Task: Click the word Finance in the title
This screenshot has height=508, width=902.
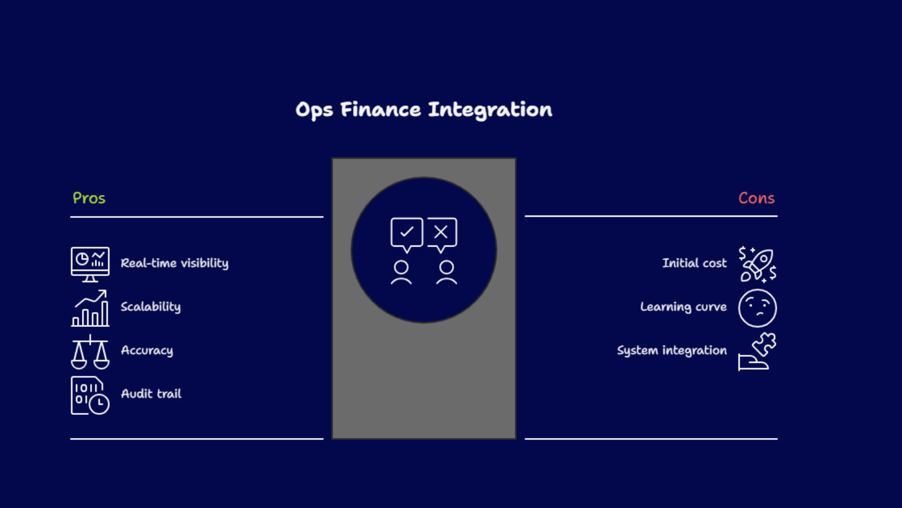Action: pyautogui.click(x=381, y=110)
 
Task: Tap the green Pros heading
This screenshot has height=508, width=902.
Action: pyautogui.click(x=89, y=198)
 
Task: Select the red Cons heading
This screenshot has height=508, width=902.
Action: pyautogui.click(x=756, y=198)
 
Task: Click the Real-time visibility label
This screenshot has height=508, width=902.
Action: pyautogui.click(x=174, y=263)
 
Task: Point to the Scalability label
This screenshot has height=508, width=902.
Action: pyautogui.click(x=151, y=307)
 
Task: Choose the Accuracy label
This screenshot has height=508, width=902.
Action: pyautogui.click(x=147, y=351)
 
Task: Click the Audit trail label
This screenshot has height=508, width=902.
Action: pyautogui.click(x=151, y=393)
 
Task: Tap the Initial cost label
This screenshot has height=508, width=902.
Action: pyautogui.click(x=695, y=263)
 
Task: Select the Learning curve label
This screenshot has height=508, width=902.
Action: pyautogui.click(x=683, y=307)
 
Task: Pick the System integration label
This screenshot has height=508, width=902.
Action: pyautogui.click(x=672, y=351)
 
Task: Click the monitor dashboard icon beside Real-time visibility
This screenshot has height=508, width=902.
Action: pyautogui.click(x=90, y=265)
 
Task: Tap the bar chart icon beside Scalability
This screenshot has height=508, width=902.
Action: pyautogui.click(x=90, y=308)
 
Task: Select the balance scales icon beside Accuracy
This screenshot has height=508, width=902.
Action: pyautogui.click(x=90, y=352)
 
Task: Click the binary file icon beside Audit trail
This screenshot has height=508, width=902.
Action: pyautogui.click(x=90, y=395)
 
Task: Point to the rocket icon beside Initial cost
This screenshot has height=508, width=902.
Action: pyautogui.click(x=758, y=265)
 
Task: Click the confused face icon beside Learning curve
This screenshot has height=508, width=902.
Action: pyautogui.click(x=758, y=308)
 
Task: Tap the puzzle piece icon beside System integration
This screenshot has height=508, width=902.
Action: pyautogui.click(x=758, y=352)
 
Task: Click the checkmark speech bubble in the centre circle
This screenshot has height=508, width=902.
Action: pyautogui.click(x=406, y=235)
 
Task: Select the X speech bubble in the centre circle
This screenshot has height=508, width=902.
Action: pyautogui.click(x=442, y=235)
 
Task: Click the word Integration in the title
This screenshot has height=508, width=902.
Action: pyautogui.click(x=490, y=110)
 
